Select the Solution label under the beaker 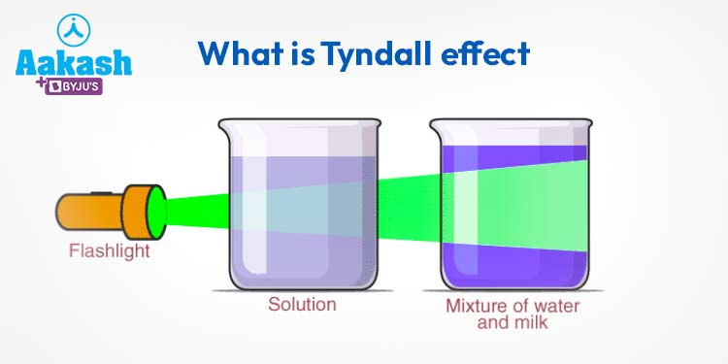pos(302,305)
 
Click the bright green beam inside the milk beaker pos(514,204)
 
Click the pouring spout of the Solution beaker pos(224,124)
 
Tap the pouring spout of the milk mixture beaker pos(436,124)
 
